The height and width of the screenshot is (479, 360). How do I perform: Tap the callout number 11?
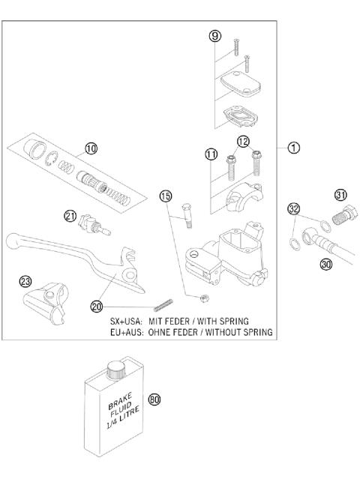[x=211, y=154]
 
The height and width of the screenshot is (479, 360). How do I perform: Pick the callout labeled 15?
[x=166, y=196]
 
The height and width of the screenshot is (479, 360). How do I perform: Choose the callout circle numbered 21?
[x=70, y=217]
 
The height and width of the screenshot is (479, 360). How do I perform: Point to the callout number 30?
[x=325, y=263]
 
